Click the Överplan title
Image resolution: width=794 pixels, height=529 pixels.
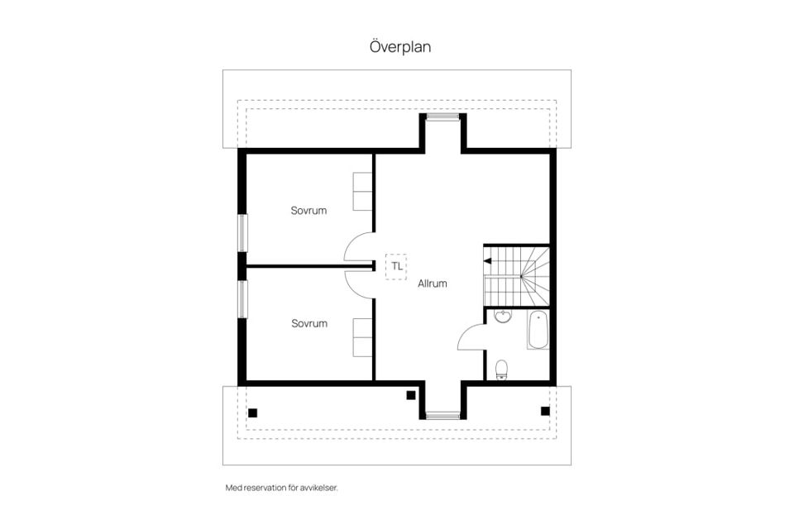[400, 46]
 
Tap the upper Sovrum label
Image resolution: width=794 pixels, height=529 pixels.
[309, 211]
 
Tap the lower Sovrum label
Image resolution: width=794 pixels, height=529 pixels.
[309, 323]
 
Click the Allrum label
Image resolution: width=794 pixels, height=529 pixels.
[433, 284]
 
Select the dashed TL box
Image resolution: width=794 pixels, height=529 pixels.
[396, 266]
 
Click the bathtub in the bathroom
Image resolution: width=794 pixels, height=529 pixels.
[538, 330]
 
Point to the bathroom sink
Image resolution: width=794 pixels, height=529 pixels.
[503, 317]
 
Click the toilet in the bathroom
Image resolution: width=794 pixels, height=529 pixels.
[501, 369]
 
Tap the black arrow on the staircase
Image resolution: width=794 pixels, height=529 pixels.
[488, 261]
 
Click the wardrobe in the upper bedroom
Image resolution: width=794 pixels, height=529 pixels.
[362, 192]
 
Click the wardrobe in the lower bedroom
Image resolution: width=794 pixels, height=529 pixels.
[362, 337]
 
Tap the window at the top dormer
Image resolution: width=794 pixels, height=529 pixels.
[442, 117]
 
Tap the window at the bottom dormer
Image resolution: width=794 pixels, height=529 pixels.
[442, 416]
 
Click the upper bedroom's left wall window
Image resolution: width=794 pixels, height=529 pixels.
[243, 233]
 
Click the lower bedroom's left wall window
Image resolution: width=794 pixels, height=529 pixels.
[243, 299]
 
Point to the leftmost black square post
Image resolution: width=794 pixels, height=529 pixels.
[253, 413]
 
